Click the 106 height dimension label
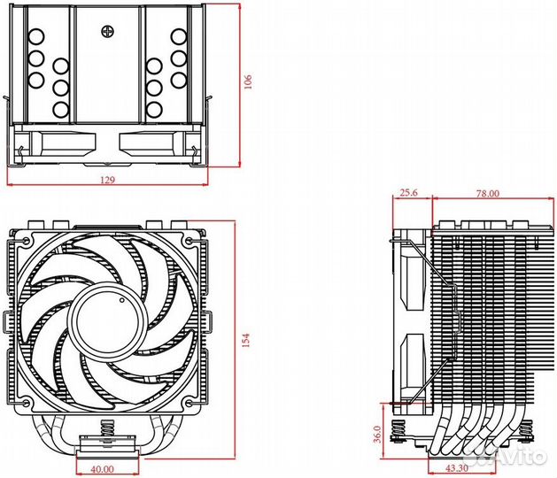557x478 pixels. (x=250, y=81)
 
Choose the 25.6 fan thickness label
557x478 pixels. (x=409, y=192)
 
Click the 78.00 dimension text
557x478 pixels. (x=488, y=192)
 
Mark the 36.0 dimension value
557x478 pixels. (x=375, y=434)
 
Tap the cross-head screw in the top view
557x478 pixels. (x=109, y=28)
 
